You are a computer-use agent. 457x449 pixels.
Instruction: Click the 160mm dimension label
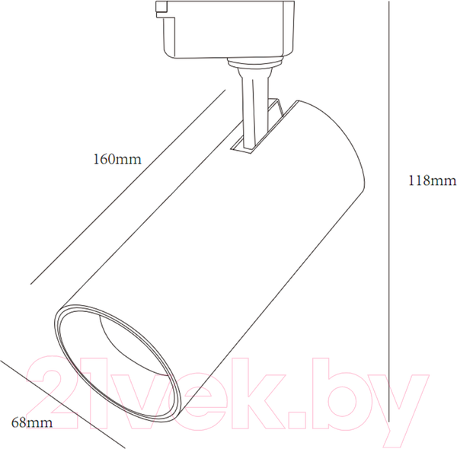point(117,159)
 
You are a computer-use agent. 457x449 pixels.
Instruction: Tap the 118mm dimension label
point(433,180)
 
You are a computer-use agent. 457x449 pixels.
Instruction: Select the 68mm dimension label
point(32,423)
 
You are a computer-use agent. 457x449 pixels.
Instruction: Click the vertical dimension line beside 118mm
point(388,212)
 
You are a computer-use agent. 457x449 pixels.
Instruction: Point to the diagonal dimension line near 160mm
point(128,186)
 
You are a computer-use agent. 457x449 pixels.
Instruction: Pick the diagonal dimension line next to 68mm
point(62,404)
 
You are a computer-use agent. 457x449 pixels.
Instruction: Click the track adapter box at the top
point(225,30)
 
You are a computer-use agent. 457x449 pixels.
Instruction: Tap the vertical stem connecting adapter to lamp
point(253,108)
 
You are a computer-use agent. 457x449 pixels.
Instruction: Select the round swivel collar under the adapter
point(255,62)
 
